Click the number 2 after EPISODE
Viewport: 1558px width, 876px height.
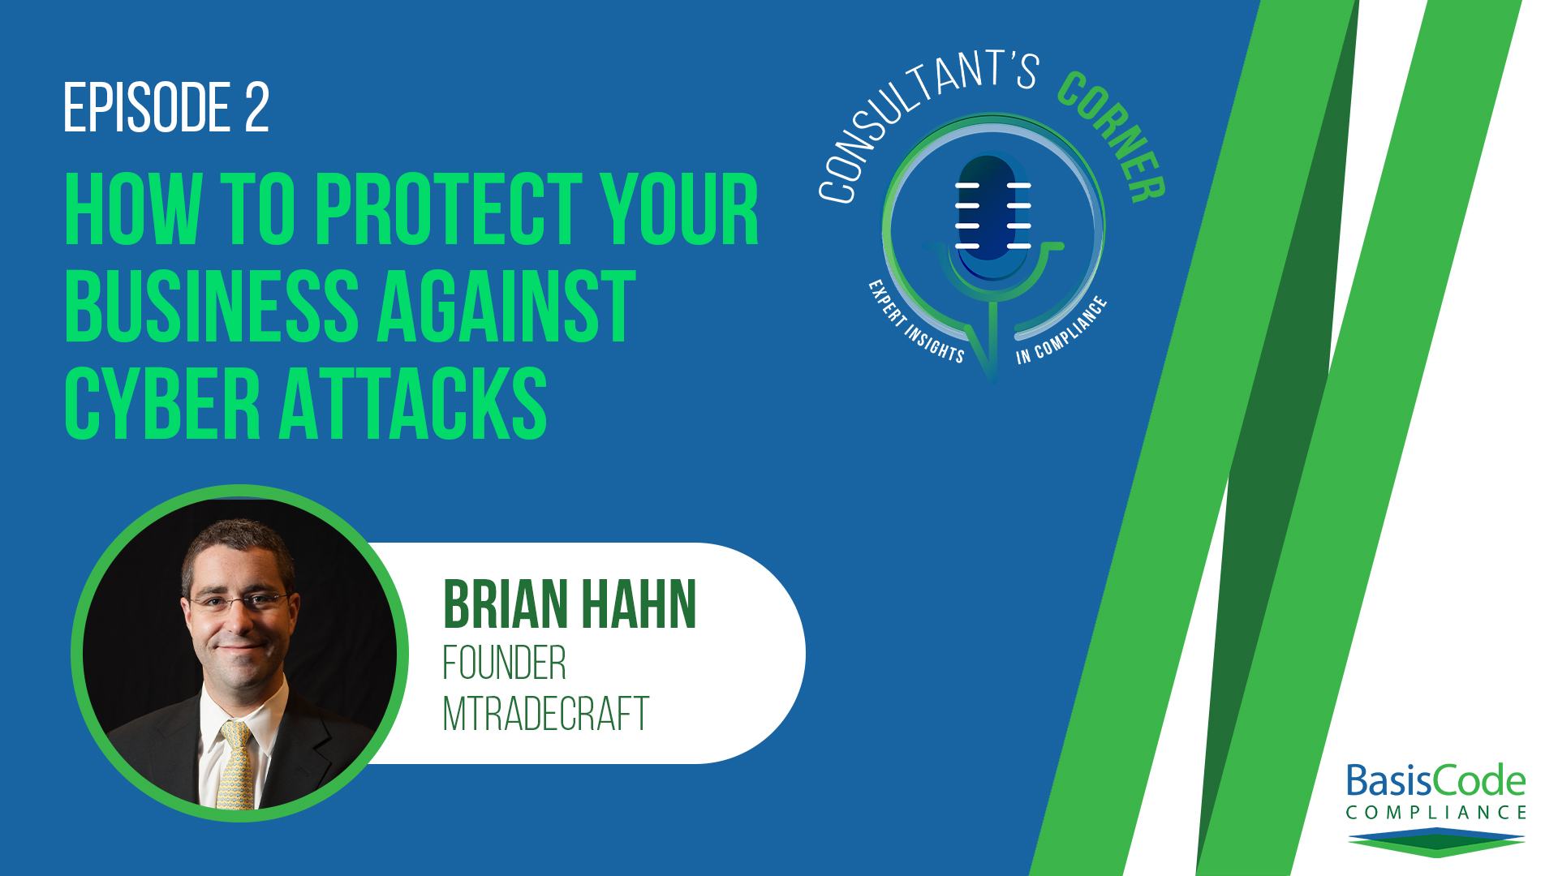[x=256, y=107]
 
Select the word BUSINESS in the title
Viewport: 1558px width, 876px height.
[x=212, y=307]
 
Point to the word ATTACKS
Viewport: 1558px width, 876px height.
[x=414, y=403]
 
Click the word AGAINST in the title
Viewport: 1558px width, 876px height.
[x=506, y=307]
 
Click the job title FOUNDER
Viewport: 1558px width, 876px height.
[x=504, y=663]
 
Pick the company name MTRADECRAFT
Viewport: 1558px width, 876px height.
[x=545, y=714]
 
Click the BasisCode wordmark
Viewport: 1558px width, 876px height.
[x=1435, y=780]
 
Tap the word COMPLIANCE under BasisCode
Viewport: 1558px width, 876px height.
[x=1435, y=812]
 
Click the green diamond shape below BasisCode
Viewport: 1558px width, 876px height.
[x=1436, y=843]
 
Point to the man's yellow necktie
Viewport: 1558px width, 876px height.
[x=235, y=766]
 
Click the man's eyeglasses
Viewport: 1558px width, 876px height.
[x=238, y=601]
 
